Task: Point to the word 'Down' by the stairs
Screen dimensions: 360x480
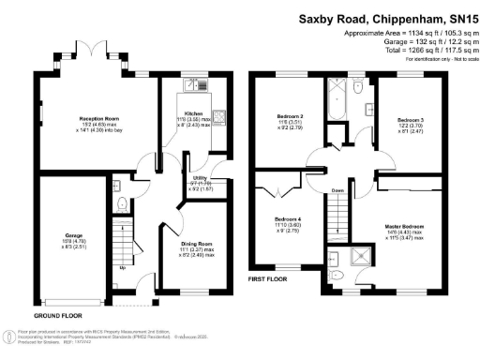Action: (x=336, y=187)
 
